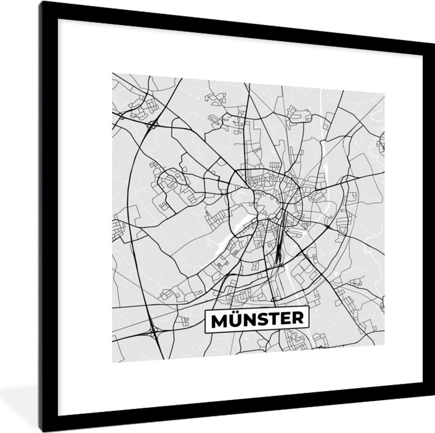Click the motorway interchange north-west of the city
pyautogui.click(x=153, y=124)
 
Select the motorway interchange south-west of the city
pyautogui.click(x=153, y=330)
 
